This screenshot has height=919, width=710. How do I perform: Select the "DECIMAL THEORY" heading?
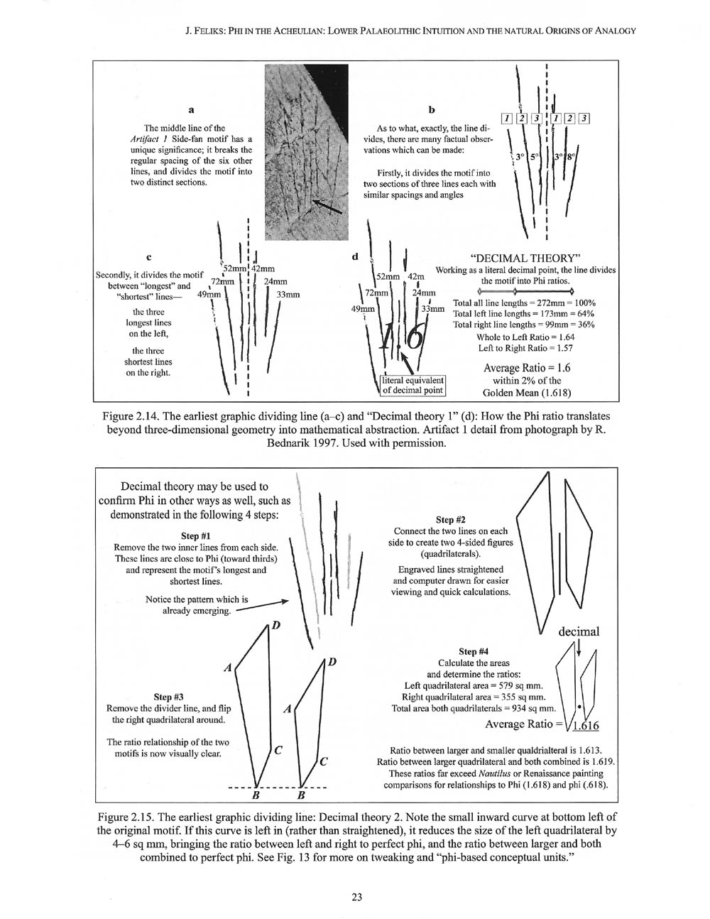(x=526, y=256)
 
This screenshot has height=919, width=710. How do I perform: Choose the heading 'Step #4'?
(x=474, y=651)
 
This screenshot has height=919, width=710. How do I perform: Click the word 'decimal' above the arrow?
(x=579, y=631)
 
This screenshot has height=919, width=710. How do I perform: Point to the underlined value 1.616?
(x=585, y=725)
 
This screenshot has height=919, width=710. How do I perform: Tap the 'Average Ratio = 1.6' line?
(x=526, y=368)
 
